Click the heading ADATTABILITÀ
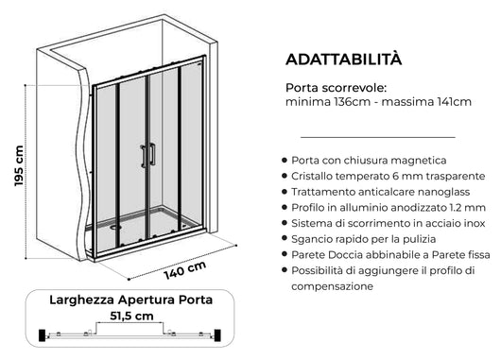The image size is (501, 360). click(x=343, y=59)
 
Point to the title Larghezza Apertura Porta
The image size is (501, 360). click(x=130, y=300)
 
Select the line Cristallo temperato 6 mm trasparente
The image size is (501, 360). click(x=389, y=177)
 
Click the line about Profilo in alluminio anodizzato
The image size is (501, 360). click(x=388, y=207)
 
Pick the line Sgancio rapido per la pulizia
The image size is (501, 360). click(x=365, y=239)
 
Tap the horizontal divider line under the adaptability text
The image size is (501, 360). click(x=370, y=137)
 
